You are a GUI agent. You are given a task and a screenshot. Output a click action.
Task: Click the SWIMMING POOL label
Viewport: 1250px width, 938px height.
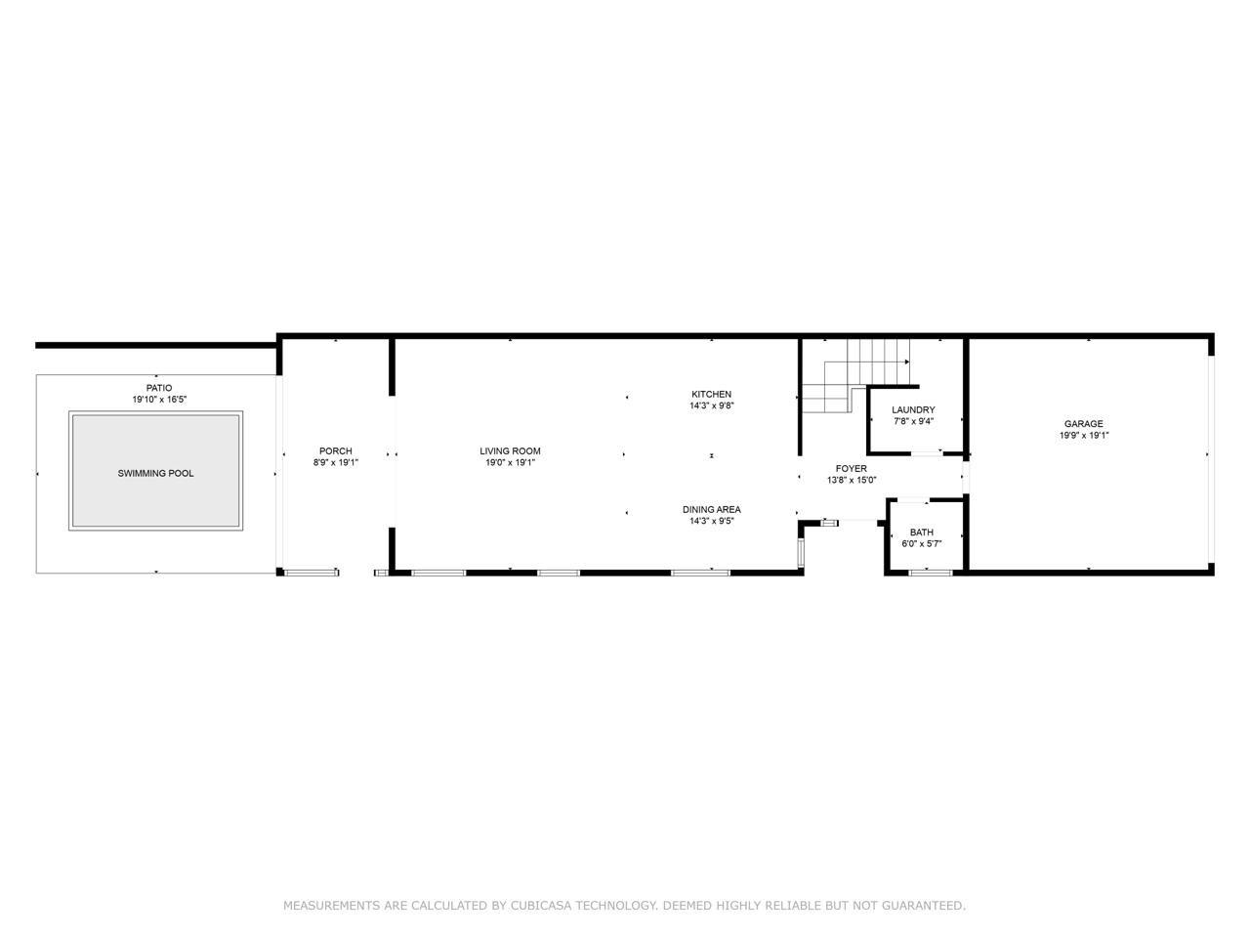tap(155, 473)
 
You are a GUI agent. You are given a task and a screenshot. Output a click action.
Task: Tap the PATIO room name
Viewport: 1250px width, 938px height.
tap(159, 388)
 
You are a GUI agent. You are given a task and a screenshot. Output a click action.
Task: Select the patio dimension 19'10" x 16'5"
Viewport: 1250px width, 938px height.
tap(159, 400)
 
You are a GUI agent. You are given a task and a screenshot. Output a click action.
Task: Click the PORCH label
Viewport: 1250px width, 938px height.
tap(335, 451)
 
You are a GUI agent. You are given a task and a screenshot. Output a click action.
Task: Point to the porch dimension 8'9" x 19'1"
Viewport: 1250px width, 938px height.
tap(335, 462)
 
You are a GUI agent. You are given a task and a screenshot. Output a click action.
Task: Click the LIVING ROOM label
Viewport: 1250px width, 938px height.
tap(510, 451)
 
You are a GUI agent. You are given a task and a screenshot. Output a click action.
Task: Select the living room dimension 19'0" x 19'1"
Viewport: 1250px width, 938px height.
tap(510, 462)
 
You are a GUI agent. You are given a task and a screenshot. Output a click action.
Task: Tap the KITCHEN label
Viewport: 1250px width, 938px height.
tap(711, 394)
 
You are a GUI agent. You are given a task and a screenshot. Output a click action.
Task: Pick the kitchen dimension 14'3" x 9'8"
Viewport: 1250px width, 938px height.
tap(711, 405)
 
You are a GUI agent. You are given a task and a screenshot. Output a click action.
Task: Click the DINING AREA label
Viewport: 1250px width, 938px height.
tap(712, 510)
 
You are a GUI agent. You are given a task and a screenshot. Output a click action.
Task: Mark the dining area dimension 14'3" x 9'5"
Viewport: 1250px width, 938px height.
tap(712, 521)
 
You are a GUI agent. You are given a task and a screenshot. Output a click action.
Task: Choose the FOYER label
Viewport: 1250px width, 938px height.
tap(852, 469)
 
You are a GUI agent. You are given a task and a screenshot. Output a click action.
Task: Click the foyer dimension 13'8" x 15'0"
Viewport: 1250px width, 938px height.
tap(852, 480)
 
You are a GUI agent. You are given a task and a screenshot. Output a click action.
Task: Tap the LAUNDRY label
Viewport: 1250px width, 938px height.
tap(913, 410)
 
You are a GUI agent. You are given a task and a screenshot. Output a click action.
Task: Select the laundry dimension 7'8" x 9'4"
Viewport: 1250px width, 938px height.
tap(913, 421)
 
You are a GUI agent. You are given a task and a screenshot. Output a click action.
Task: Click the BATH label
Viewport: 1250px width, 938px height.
tap(922, 533)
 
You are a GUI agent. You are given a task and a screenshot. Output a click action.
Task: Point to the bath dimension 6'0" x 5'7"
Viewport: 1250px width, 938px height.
tap(922, 544)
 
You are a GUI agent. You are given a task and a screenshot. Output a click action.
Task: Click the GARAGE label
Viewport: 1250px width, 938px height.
tap(1084, 424)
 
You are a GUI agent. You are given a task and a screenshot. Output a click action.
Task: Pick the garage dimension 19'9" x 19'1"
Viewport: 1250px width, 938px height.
tap(1084, 436)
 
